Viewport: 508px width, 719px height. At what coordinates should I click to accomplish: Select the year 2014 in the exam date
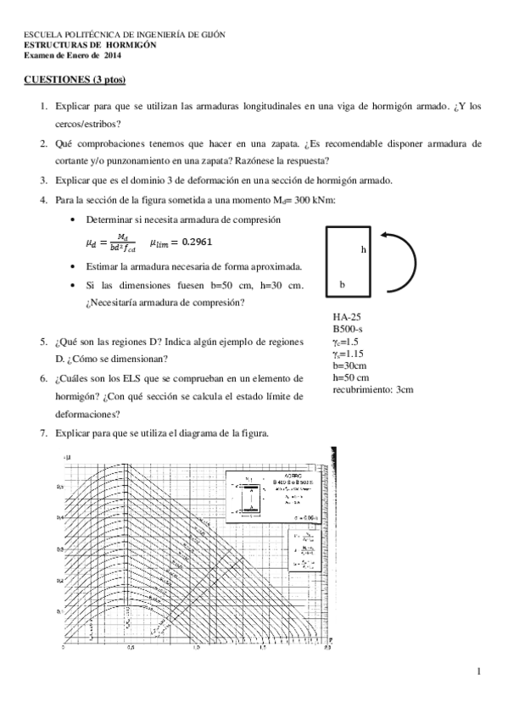(113, 55)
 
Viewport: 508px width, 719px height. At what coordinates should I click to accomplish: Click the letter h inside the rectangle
(363, 250)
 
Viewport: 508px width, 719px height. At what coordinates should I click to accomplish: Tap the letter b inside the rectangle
(342, 285)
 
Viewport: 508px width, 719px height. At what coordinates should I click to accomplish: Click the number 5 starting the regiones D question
(42, 341)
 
